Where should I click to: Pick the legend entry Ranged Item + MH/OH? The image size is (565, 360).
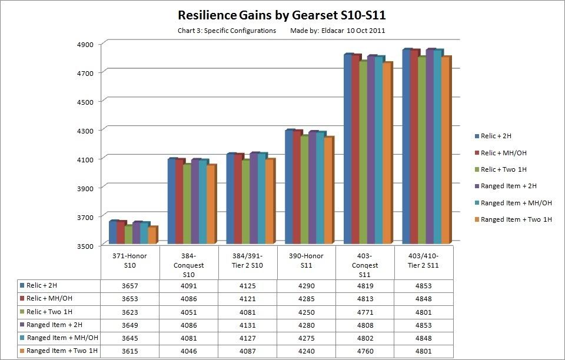(516, 203)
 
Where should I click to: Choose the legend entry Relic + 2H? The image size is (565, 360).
(497, 136)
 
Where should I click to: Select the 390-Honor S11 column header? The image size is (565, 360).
(306, 261)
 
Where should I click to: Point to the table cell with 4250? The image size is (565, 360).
(306, 312)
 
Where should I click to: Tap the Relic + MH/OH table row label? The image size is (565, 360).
(52, 299)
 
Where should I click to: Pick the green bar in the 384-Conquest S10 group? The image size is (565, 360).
(187, 204)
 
